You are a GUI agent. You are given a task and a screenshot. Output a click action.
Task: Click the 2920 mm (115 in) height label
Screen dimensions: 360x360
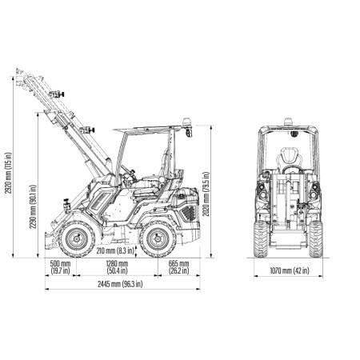[x=9, y=173]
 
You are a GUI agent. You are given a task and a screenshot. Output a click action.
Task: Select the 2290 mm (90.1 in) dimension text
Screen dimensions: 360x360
[x=33, y=206]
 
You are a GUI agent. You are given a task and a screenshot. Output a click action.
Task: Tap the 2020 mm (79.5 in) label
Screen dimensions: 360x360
[x=206, y=194]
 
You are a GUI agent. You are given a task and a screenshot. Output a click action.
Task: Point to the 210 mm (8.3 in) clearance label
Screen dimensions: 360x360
[x=115, y=250]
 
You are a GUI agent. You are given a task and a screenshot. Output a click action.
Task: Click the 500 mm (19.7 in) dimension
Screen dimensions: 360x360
[x=61, y=267]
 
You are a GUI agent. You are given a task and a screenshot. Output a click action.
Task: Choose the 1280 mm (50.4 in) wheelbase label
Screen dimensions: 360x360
[x=117, y=267]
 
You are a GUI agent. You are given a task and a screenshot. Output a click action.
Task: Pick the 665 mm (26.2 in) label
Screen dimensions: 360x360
[x=178, y=267]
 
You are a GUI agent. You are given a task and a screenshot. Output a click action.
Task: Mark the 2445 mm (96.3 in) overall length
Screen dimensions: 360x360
[x=120, y=284]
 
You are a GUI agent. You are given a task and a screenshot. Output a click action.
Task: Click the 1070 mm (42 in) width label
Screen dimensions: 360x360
[x=290, y=270]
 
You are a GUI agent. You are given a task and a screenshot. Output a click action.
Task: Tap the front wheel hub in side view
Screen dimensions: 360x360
[x=77, y=238]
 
